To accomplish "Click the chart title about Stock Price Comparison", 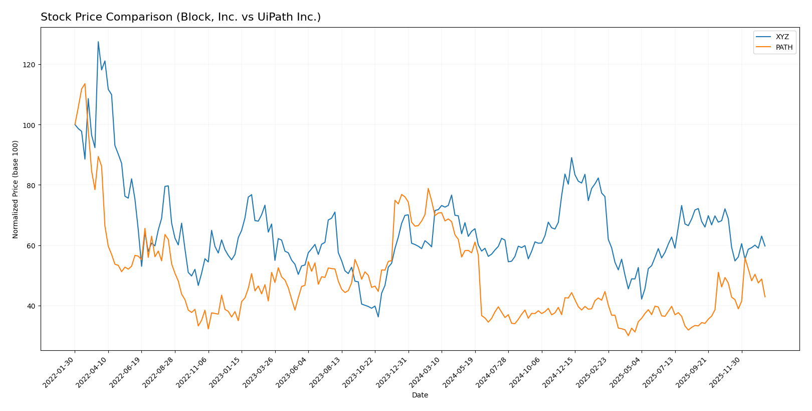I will click(180, 18).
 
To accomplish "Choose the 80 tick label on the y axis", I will click(31, 185).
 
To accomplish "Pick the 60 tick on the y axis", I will click(31, 245).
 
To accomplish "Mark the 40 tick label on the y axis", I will click(31, 306).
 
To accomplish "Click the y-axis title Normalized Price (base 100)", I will click(16, 189).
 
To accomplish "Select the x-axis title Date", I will click(420, 395).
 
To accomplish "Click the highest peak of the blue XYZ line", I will click(98, 42).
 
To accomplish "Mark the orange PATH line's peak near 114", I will click(85, 84).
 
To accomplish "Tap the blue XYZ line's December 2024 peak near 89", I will click(571, 158).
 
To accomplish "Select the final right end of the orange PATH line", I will click(765, 297).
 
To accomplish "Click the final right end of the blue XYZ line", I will click(765, 246).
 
